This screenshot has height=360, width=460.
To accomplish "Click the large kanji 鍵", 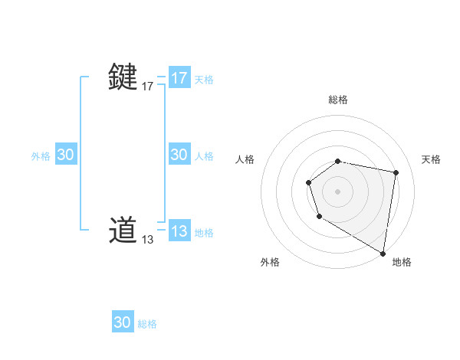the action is point(123,78).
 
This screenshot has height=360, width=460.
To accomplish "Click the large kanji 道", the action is point(123,231).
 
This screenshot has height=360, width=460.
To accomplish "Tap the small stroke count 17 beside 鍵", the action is point(148,87).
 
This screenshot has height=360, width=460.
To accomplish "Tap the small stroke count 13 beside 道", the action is point(148,240).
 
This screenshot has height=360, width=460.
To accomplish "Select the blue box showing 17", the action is point(179,78).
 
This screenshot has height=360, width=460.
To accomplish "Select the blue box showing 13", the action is point(179,231).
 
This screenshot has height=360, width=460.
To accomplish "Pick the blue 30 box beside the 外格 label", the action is point(66,155).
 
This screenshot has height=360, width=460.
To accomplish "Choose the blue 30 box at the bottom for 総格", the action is point(123,322).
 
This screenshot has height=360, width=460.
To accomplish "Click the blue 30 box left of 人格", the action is point(179,155).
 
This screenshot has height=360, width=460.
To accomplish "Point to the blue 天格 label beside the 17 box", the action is point(204,79).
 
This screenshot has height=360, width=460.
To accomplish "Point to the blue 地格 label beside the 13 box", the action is point(204,232).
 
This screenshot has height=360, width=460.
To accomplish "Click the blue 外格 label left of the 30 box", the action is point(41,155).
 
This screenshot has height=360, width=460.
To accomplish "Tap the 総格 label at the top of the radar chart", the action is point(338,100).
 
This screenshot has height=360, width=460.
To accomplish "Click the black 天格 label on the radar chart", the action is point(432,159).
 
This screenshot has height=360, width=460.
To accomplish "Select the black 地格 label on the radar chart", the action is point(402,262).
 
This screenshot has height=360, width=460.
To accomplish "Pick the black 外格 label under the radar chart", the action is point(270,262).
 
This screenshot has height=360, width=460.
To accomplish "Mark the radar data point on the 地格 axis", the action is point(383,253).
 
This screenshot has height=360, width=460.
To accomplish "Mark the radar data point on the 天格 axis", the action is point(396,172).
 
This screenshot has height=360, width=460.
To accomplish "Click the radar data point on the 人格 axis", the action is point(308,182).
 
